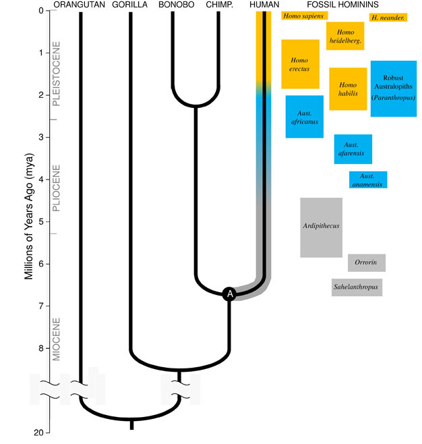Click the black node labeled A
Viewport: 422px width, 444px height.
point(229,294)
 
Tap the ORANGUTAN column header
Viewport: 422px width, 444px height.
point(80,5)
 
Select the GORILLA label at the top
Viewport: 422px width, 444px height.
point(131,5)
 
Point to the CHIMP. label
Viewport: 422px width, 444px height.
point(219,5)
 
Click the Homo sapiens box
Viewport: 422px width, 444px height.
point(303,16)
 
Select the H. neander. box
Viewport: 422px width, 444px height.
point(387,17)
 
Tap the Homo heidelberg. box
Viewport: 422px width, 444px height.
point(345,36)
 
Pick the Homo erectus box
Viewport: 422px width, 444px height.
point(300,63)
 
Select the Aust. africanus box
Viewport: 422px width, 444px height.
point(304,117)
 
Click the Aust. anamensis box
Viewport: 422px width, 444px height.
point(368,180)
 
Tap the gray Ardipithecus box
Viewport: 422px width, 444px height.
point(321,227)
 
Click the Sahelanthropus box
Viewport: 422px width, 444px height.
point(357,287)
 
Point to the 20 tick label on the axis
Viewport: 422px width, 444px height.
point(38,433)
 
